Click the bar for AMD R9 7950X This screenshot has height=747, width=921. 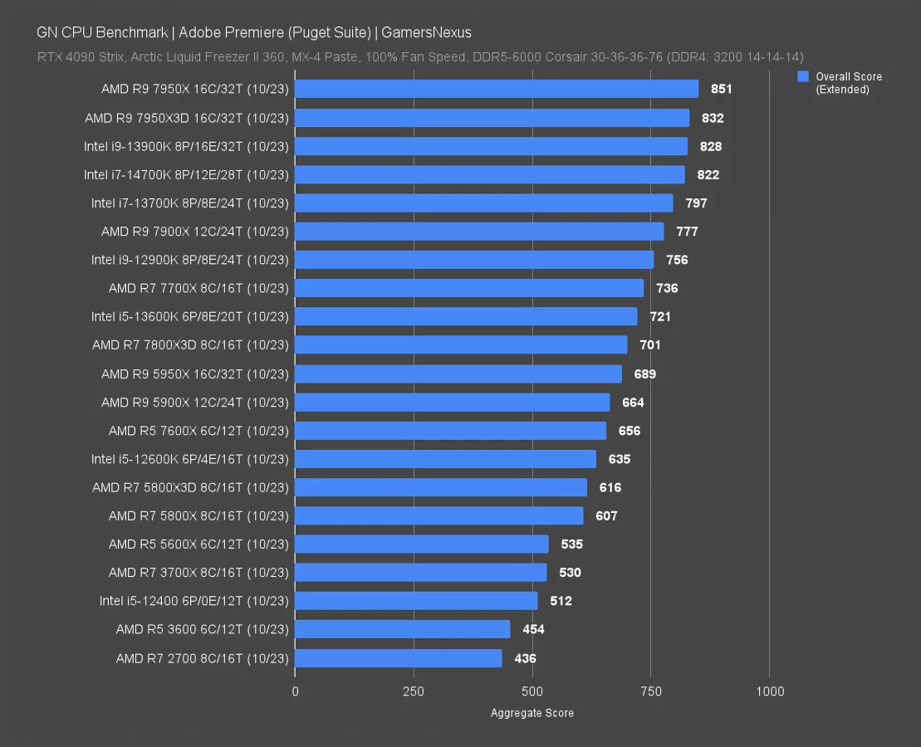click(x=497, y=89)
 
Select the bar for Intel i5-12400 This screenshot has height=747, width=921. click(x=416, y=601)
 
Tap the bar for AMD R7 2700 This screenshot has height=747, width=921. click(x=399, y=658)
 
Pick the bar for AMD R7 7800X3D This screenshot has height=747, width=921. click(x=461, y=344)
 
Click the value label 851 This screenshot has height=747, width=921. click(x=722, y=89)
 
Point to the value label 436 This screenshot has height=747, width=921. click(x=525, y=658)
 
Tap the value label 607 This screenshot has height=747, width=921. click(x=606, y=515)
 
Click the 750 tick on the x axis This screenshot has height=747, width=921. click(x=651, y=691)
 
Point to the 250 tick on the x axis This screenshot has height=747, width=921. click(x=414, y=691)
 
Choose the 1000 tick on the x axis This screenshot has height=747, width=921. click(x=770, y=691)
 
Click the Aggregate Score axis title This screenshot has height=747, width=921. click(x=532, y=713)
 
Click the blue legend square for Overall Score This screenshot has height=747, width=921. click(x=803, y=76)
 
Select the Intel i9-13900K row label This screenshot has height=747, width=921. click(x=186, y=146)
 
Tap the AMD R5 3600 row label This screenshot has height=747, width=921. click(x=203, y=629)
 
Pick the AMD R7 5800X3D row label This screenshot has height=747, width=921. click(x=190, y=487)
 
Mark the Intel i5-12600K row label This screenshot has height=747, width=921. click(x=190, y=459)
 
